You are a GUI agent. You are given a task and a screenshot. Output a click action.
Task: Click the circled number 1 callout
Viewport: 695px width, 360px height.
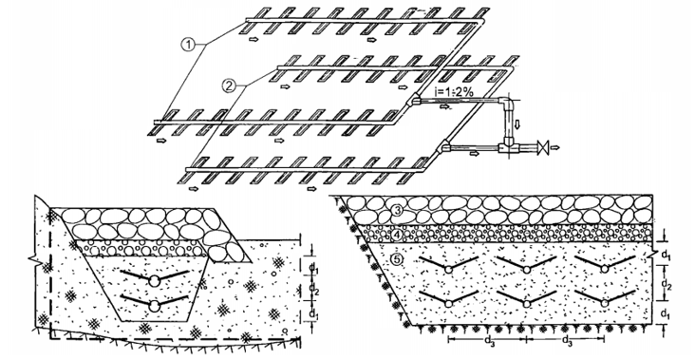(x=188, y=44)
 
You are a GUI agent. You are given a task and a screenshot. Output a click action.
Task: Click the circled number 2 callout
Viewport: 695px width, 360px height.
(x=229, y=85)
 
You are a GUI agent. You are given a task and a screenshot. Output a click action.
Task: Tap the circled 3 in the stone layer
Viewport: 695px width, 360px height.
(x=399, y=211)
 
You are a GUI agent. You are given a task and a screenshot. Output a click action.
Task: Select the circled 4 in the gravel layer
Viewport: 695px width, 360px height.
(x=397, y=233)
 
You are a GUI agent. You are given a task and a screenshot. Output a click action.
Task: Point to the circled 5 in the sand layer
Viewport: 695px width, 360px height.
(x=397, y=260)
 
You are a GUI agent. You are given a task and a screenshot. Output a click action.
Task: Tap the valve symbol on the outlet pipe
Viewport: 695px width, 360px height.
(x=542, y=146)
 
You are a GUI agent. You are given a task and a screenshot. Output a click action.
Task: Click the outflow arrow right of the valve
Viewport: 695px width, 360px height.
(x=556, y=146)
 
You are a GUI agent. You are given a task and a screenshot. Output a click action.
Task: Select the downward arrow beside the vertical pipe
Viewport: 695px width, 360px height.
(x=517, y=125)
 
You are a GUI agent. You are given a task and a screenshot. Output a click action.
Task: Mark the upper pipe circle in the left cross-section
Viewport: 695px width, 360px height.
(x=155, y=280)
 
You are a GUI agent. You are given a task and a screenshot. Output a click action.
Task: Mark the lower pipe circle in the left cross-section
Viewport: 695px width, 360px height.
(x=155, y=306)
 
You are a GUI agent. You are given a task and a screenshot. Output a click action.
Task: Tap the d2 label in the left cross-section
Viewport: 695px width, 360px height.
(x=314, y=289)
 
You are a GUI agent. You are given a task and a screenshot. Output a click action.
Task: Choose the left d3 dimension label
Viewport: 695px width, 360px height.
(x=489, y=340)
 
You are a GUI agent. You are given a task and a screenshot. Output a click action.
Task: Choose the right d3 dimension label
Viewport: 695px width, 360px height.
(x=567, y=340)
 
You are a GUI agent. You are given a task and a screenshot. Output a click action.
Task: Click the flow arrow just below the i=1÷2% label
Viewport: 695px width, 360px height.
(x=443, y=106)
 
